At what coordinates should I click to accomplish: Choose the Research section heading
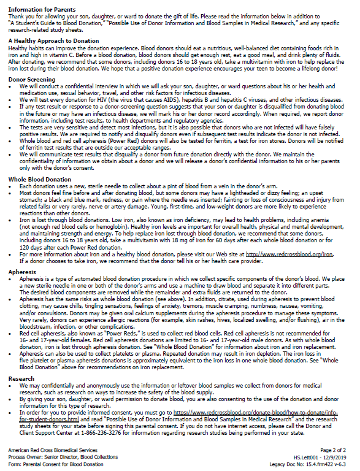(22, 379)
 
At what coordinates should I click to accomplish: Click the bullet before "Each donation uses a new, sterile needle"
(13, 186)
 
